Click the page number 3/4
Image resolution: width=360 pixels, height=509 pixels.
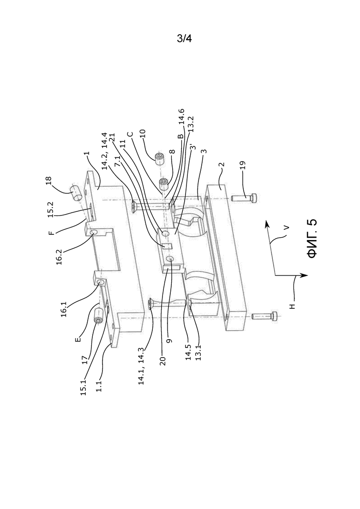point(184,39)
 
